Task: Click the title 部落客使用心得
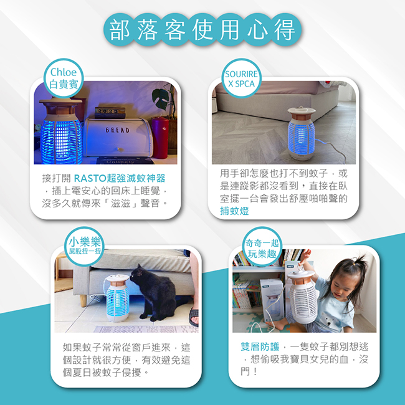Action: (202, 30)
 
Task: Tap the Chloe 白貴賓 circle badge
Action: (64, 79)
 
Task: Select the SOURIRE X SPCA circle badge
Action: (242, 79)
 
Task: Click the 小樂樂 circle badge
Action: (84, 247)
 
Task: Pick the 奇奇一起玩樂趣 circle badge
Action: (262, 247)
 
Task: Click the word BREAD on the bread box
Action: (118, 130)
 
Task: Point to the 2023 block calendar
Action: (110, 113)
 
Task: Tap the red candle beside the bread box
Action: (160, 138)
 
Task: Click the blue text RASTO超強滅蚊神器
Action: (120, 178)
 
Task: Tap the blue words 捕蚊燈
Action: (234, 211)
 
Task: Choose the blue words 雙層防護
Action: (260, 346)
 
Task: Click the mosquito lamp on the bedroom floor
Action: (302, 133)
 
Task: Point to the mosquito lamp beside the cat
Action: (118, 298)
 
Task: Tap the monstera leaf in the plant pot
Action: (161, 98)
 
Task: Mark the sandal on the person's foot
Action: (193, 317)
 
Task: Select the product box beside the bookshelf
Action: (272, 300)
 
